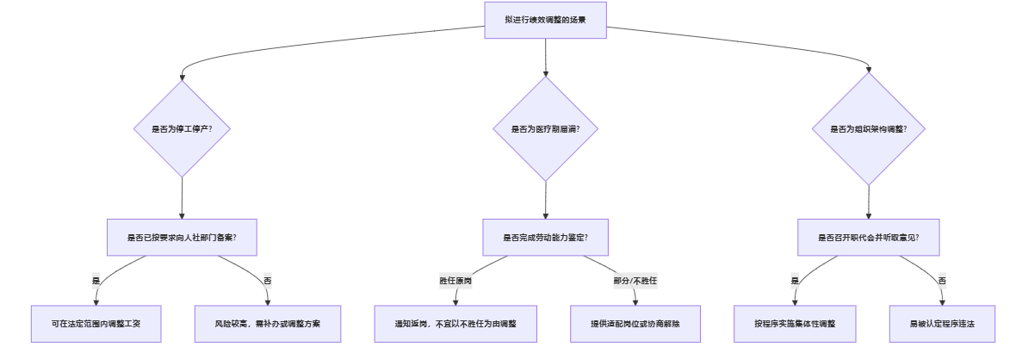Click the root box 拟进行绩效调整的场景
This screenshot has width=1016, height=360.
(546, 19)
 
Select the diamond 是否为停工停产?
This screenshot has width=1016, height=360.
(182, 129)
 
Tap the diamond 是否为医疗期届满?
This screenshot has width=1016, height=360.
(546, 129)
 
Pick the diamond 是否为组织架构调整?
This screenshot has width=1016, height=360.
(868, 129)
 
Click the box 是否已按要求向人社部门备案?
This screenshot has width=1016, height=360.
(182, 237)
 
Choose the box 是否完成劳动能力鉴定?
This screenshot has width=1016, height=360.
(546, 237)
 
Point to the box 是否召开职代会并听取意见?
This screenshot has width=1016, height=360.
(868, 237)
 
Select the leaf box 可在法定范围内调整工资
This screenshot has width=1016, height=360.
(96, 324)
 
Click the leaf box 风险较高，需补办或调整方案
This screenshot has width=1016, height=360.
(268, 324)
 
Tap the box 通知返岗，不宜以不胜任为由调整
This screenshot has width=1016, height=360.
(455, 324)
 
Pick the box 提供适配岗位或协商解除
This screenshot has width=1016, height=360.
(635, 324)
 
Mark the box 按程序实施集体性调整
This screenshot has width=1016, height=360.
(795, 324)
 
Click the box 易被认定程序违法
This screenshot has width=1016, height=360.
(942, 324)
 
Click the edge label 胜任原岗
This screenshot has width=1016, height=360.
(455, 281)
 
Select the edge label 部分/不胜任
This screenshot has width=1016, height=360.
(635, 281)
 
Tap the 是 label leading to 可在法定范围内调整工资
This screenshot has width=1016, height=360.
(96, 281)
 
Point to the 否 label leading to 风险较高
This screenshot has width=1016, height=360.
(268, 281)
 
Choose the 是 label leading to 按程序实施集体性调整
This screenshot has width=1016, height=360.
(795, 281)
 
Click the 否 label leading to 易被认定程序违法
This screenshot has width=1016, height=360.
(942, 281)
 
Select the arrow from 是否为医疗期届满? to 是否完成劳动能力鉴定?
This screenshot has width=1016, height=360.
(546, 200)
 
